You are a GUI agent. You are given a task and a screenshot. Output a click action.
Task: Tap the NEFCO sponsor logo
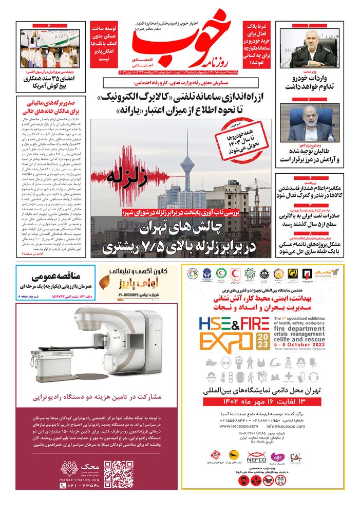coord(256,454)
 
